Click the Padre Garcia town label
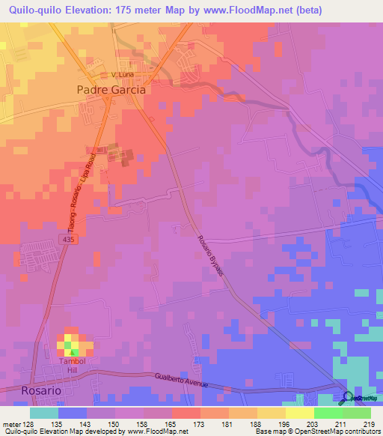pos(111,88)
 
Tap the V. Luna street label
pos(122,76)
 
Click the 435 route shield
pos(70,237)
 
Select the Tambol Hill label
pos(74,364)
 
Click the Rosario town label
pos(27,390)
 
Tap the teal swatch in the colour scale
pos(44,413)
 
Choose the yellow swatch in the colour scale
pos(299,413)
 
